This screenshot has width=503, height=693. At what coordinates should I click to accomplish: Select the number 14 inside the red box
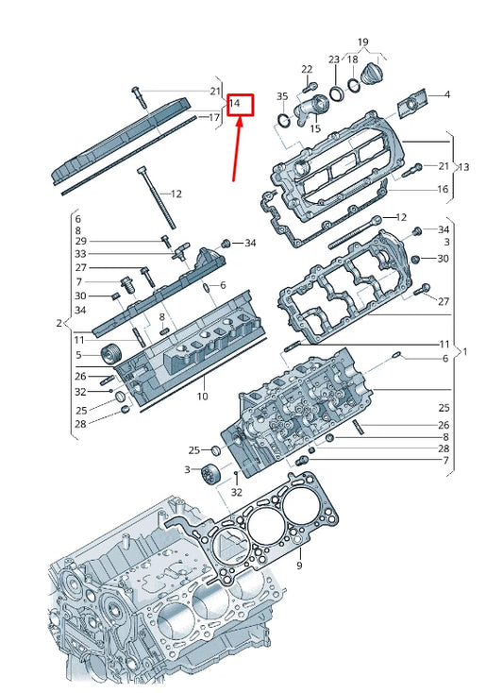click(x=236, y=102)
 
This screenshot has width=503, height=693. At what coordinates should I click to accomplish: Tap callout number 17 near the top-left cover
click(x=214, y=118)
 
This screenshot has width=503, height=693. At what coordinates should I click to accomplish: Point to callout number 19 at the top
click(x=362, y=42)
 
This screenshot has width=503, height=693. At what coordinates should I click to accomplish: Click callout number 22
click(x=306, y=70)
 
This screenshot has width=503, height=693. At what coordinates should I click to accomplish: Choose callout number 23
click(x=334, y=59)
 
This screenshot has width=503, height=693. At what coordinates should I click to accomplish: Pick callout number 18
click(x=353, y=59)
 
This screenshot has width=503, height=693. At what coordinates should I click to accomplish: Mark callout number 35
click(x=282, y=97)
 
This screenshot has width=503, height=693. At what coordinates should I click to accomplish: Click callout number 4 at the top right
click(x=446, y=94)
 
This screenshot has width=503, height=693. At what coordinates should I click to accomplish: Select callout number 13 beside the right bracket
click(x=462, y=167)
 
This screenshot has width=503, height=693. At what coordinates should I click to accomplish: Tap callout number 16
click(x=442, y=189)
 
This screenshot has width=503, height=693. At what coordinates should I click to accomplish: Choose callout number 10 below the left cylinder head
click(x=202, y=397)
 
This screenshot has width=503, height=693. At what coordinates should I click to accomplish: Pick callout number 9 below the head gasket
click(x=299, y=566)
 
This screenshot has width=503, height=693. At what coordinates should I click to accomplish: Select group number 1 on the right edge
click(x=462, y=351)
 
